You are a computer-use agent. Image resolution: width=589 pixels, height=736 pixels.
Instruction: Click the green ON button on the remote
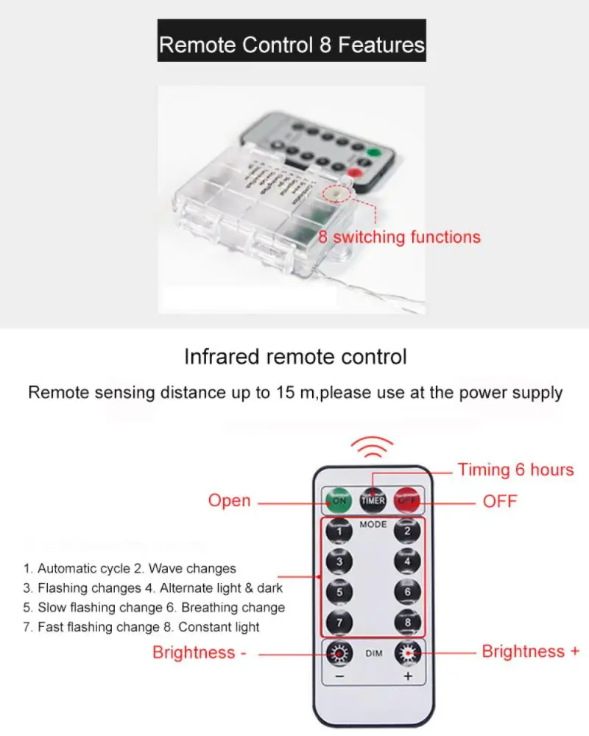(x=339, y=500)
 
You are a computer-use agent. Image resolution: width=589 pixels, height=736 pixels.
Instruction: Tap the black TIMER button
(x=373, y=500)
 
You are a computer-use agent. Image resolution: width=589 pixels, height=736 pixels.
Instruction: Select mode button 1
(x=339, y=531)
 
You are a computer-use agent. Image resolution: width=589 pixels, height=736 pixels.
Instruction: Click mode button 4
(x=407, y=562)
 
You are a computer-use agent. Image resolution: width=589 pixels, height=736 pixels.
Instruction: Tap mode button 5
(x=339, y=592)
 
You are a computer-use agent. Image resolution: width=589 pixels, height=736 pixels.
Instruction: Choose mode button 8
(x=407, y=622)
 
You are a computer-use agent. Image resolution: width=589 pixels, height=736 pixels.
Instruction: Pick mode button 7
(x=339, y=622)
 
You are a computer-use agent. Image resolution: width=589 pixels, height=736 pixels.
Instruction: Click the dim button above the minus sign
(x=339, y=652)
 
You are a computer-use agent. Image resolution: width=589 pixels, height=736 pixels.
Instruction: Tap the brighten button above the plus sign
(x=407, y=652)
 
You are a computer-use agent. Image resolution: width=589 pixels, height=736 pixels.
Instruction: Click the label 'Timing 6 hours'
(x=515, y=470)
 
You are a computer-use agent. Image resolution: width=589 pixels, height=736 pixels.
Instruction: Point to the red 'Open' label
(x=229, y=500)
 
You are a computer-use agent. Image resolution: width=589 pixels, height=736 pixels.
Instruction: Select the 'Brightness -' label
(x=199, y=653)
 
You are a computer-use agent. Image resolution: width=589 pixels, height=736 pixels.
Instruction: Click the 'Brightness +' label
(x=530, y=651)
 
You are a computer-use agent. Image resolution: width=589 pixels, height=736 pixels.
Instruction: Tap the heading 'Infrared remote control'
(x=294, y=358)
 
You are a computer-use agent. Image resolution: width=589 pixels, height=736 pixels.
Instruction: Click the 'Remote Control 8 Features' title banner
(x=292, y=45)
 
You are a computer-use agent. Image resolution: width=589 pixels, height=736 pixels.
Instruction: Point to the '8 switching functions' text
(x=399, y=237)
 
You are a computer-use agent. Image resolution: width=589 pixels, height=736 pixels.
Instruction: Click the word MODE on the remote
(x=373, y=525)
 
